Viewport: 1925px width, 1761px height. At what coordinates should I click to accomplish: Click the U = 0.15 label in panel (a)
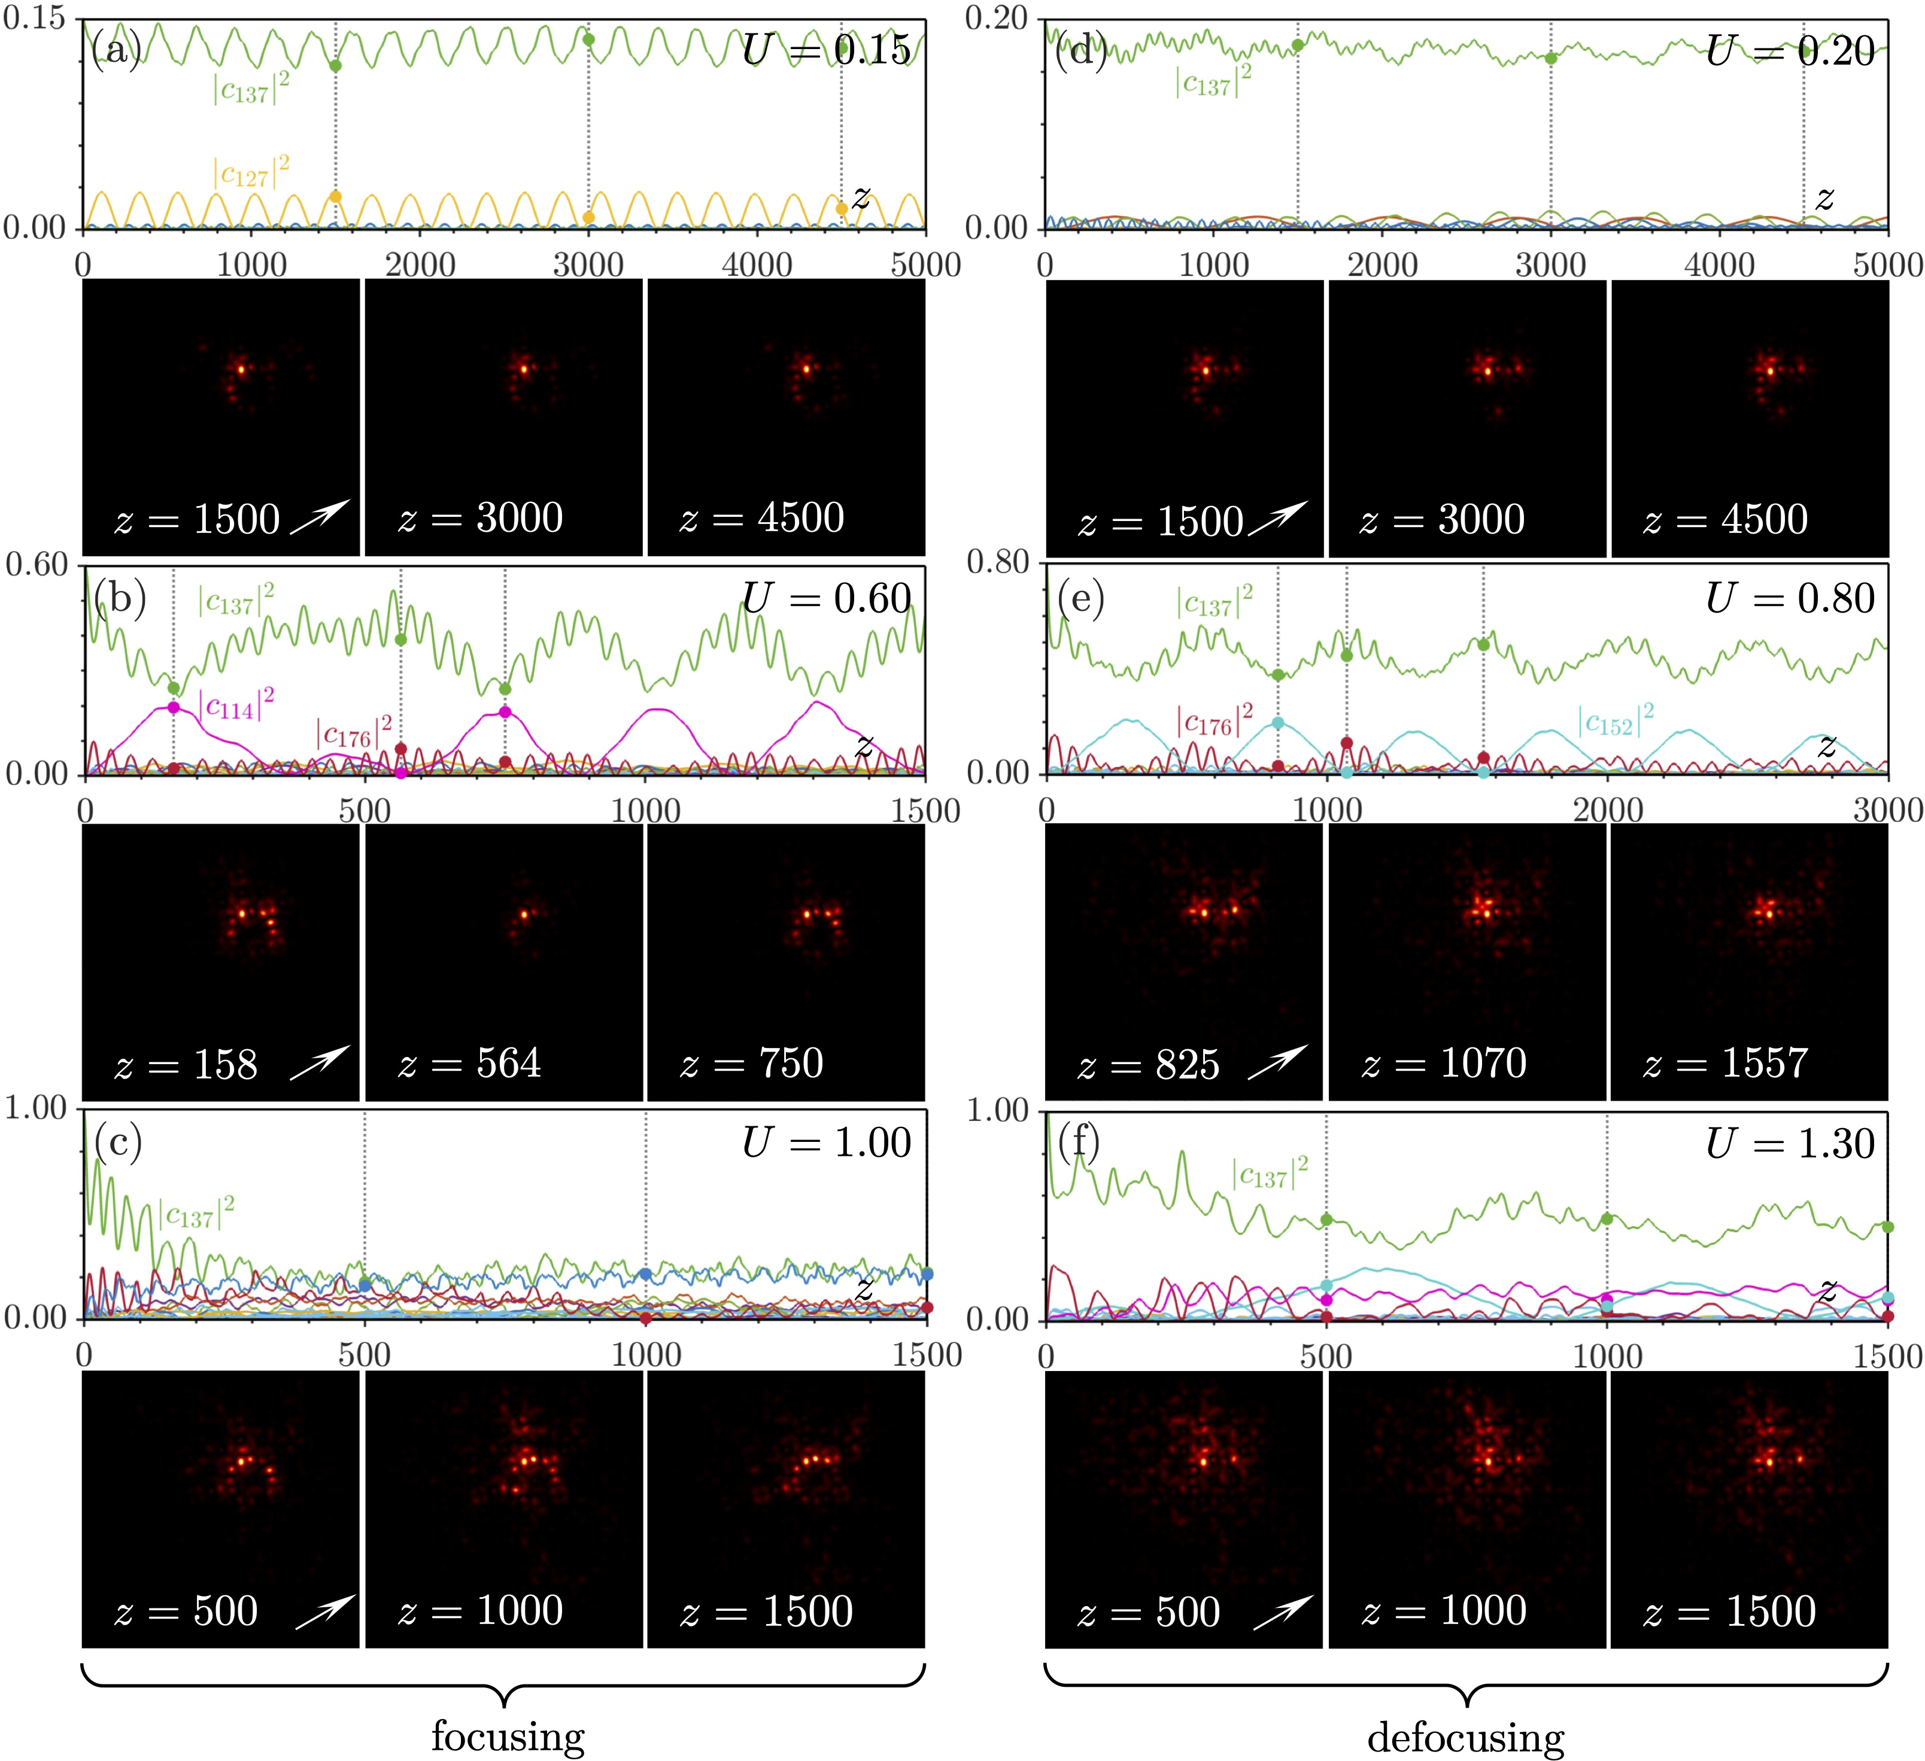click(x=827, y=50)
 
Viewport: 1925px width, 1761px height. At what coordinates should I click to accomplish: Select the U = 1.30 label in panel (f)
click(x=1790, y=1144)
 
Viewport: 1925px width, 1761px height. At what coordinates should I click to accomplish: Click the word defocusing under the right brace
click(x=1466, y=1736)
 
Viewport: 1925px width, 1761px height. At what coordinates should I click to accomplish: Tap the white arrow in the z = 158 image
click(x=319, y=1062)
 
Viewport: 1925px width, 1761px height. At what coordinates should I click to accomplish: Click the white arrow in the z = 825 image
click(x=1277, y=1062)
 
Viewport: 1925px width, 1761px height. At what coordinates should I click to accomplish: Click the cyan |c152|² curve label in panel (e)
click(x=1616, y=721)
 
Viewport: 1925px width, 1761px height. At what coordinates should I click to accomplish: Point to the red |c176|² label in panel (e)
click(x=1214, y=721)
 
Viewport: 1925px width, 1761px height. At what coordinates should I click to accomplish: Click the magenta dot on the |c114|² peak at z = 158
click(x=174, y=707)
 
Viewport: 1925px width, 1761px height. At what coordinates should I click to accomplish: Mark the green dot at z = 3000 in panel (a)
click(x=588, y=39)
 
